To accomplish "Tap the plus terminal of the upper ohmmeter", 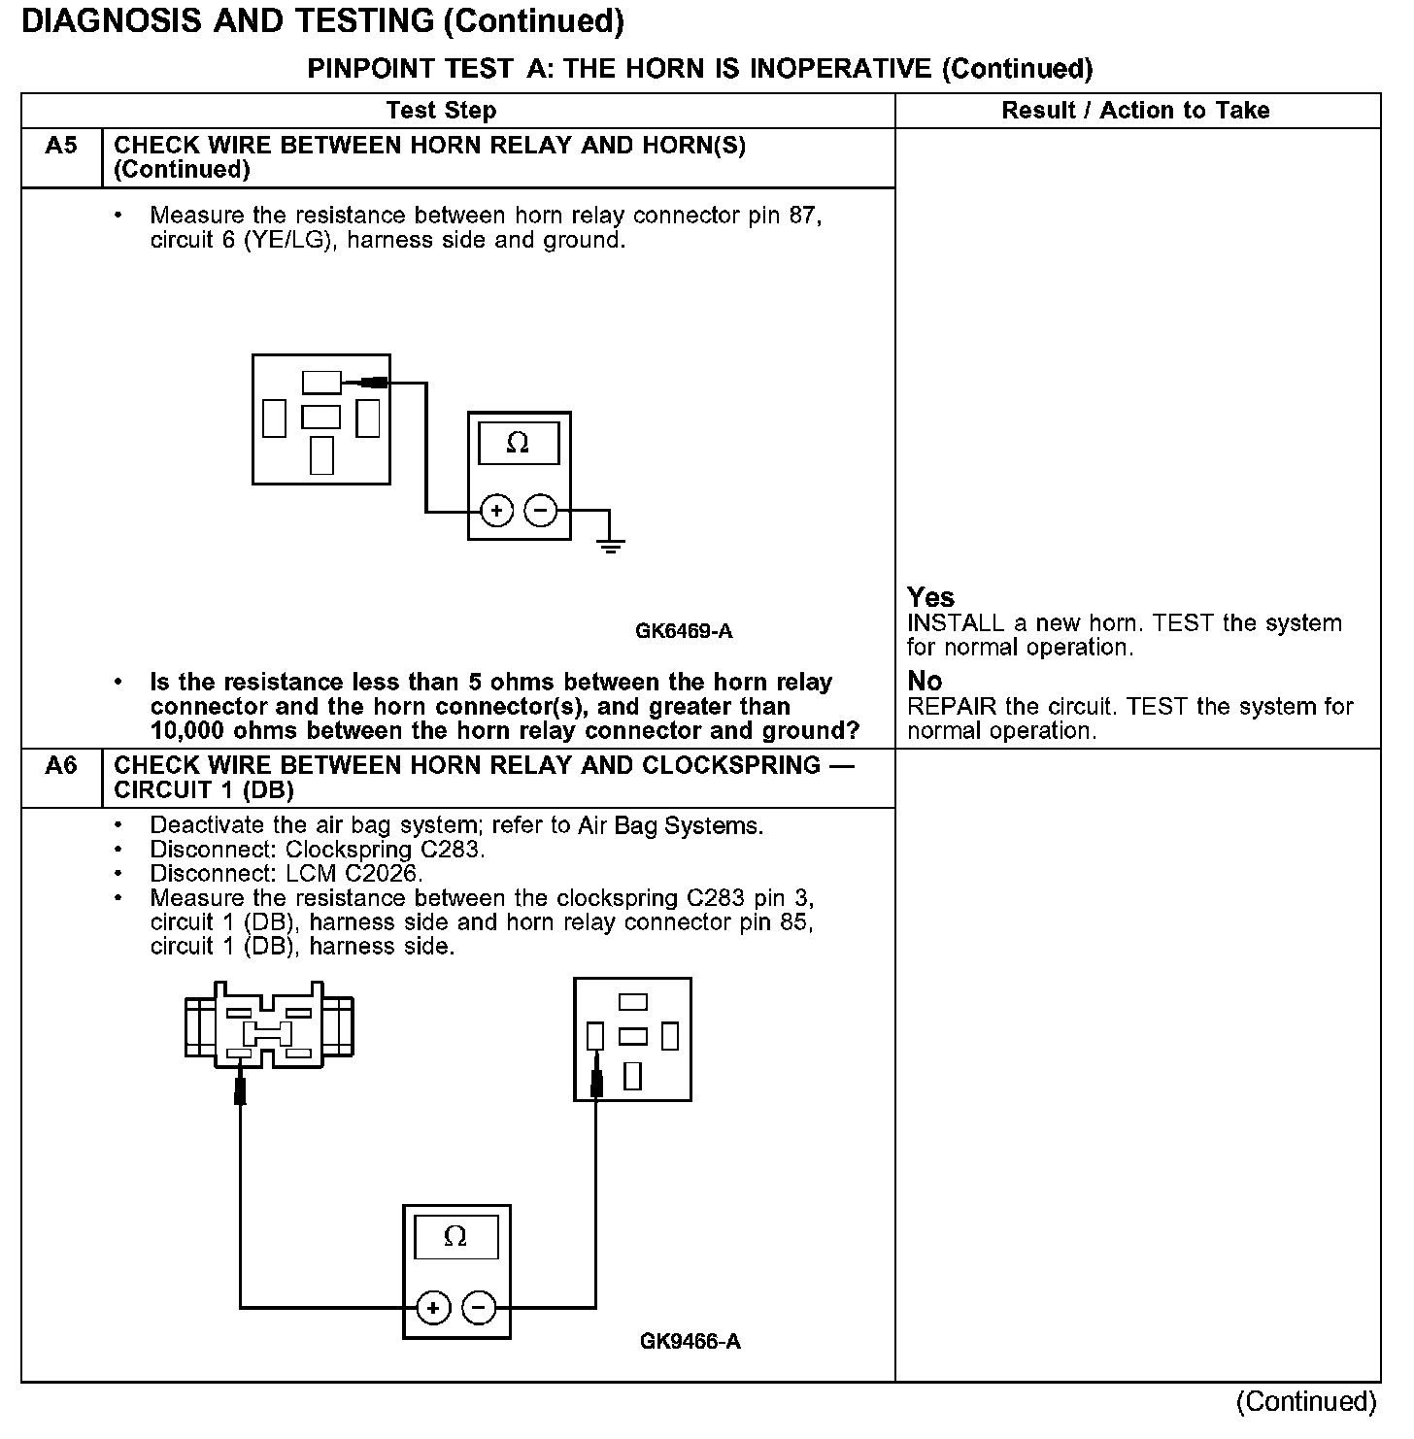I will (x=496, y=510).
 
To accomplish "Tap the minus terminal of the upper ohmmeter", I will (x=541, y=510).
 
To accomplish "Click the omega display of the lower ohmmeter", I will (x=455, y=1238).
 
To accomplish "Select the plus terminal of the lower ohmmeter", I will (x=433, y=1309).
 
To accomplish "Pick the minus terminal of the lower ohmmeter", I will (x=478, y=1309).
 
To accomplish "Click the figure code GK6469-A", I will (x=684, y=631).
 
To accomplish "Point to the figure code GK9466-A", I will (x=690, y=1342).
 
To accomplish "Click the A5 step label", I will (x=61, y=146).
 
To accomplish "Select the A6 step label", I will (x=61, y=766).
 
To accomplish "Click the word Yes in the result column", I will (x=930, y=597).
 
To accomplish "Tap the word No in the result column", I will (x=925, y=681).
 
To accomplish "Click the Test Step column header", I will (x=441, y=111).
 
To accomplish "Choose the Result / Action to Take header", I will (x=1135, y=111).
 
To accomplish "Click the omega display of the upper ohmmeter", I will (x=519, y=444).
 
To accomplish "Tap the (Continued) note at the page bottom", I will (x=1306, y=1402).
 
